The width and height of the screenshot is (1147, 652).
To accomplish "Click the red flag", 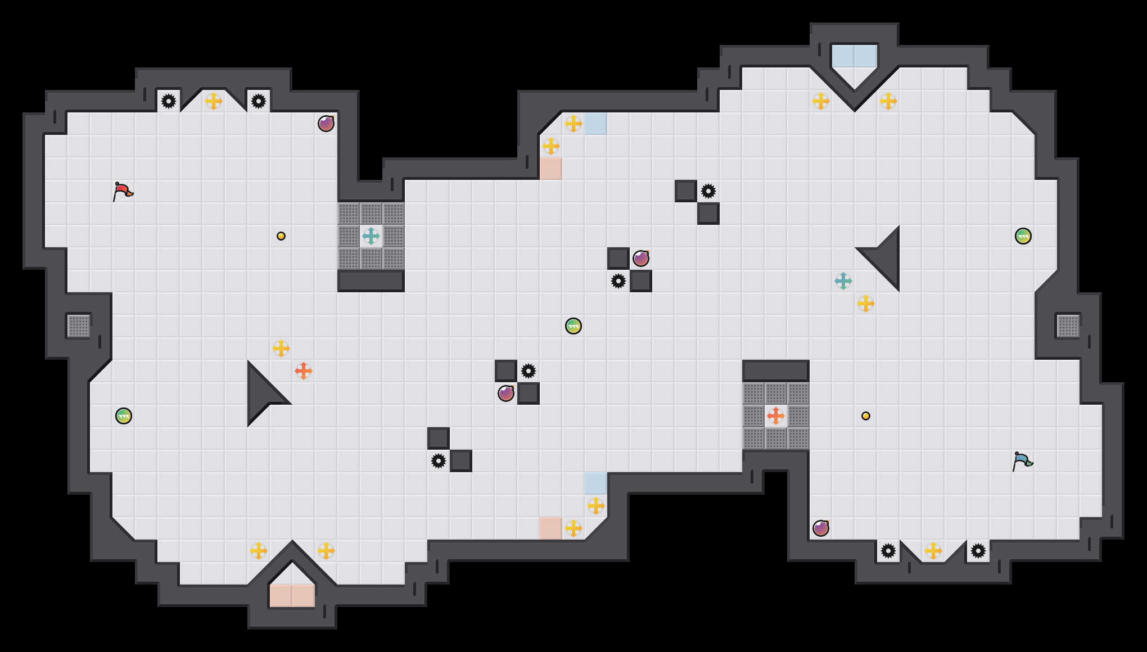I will tap(123, 191).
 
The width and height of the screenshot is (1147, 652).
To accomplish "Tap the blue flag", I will tap(1022, 461).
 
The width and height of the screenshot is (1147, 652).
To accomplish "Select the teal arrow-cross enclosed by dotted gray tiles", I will tap(371, 236).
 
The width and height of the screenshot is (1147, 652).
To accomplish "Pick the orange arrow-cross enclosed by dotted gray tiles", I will tap(776, 416).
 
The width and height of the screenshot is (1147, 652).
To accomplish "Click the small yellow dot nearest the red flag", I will tap(281, 236).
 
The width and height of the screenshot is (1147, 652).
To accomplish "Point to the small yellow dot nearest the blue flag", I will tap(866, 416).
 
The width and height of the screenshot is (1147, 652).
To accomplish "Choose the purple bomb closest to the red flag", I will tap(326, 124).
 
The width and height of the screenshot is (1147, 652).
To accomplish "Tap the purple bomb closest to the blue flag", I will tap(821, 528).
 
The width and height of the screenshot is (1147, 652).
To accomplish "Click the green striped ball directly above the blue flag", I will tap(1023, 236).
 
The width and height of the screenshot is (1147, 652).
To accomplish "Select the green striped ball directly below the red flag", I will tap(124, 416).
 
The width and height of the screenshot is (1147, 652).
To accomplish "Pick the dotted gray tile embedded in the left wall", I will tap(79, 326).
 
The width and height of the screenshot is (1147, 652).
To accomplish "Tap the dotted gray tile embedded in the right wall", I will tap(1068, 326).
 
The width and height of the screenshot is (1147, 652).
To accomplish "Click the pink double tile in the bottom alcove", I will tap(292, 596).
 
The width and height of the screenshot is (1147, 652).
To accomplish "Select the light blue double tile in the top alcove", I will tap(855, 56).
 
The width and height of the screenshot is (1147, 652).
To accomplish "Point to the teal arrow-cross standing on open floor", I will tap(843, 281).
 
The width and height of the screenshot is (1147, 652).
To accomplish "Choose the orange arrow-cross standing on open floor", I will tap(304, 371).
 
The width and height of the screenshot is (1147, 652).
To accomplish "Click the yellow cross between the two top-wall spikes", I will tap(214, 101).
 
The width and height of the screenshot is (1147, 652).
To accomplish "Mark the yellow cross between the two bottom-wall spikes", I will tap(933, 551).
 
